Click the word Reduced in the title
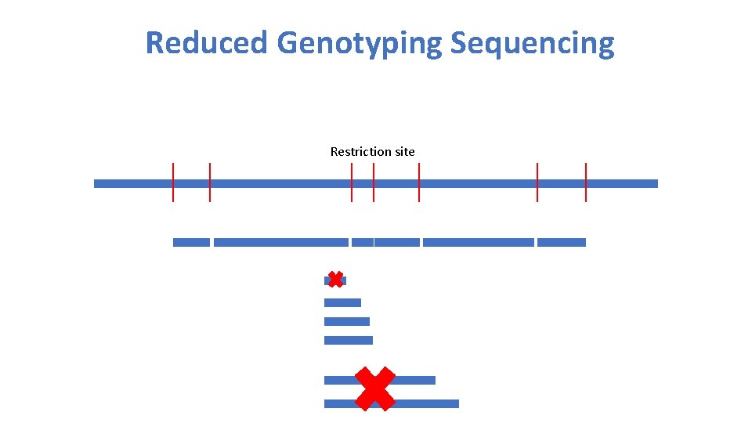tap(206, 43)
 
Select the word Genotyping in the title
tap(360, 43)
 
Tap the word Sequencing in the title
tap(532, 43)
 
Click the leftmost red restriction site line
tap(173, 182)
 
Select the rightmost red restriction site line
tap(586, 182)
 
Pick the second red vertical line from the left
tap(210, 182)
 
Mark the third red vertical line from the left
tap(352, 182)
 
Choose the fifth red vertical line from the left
tap(419, 182)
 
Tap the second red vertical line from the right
tap(537, 182)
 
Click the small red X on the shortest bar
tap(335, 280)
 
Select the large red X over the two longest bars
tap(375, 389)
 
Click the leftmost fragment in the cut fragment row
tap(191, 242)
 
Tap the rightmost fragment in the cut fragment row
tap(562, 242)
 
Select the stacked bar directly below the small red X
tap(342, 302)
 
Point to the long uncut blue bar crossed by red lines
tap(282, 183)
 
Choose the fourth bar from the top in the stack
tap(348, 340)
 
